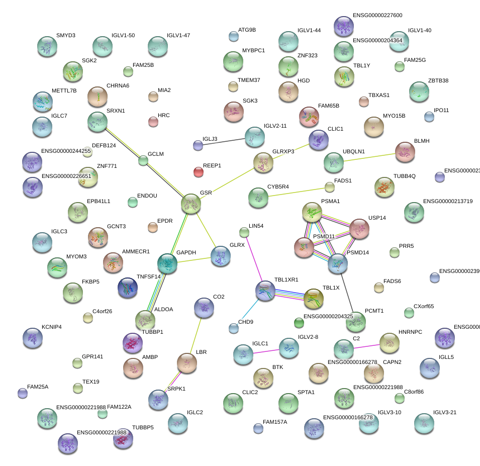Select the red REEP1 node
click(x=199, y=172)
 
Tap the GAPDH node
click(x=167, y=262)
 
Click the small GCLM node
click(x=144, y=161)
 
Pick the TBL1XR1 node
click(x=265, y=290)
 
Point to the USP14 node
click(x=359, y=228)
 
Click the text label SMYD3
click(x=66, y=36)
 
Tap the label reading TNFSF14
click(x=148, y=276)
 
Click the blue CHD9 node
click(x=234, y=329)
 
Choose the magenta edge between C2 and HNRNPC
click(x=366, y=346)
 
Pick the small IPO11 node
click(x=429, y=117)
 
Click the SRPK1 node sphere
click(x=158, y=399)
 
